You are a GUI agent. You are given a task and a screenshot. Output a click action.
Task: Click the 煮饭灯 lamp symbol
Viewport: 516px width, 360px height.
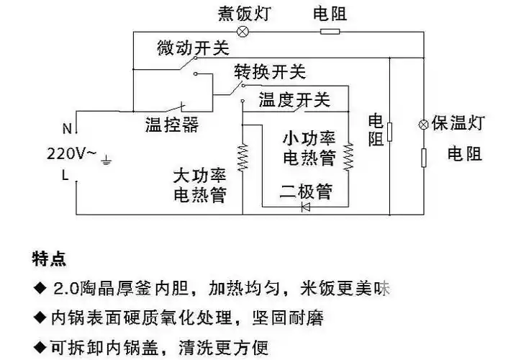[x=243, y=32]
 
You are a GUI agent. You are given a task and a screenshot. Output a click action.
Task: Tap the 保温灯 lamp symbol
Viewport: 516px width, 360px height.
[x=423, y=124]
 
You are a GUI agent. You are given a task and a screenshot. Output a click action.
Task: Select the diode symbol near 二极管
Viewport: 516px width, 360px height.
[x=305, y=207]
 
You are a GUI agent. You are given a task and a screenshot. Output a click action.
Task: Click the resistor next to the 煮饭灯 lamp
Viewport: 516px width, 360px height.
[x=330, y=32]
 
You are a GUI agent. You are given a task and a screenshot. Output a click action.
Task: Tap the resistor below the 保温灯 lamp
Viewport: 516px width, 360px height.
[x=423, y=156]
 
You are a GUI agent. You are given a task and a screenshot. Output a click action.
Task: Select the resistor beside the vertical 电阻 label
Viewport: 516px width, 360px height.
[x=389, y=132]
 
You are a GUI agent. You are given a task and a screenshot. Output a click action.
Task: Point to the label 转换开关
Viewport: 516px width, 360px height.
[x=270, y=72]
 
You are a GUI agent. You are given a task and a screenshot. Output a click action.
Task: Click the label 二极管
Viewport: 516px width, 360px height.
[x=306, y=192]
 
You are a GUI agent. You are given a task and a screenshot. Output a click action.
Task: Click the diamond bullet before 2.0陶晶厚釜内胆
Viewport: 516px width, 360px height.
[x=39, y=289]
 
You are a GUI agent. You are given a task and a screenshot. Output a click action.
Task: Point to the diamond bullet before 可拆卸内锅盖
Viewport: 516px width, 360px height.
[x=39, y=348]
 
